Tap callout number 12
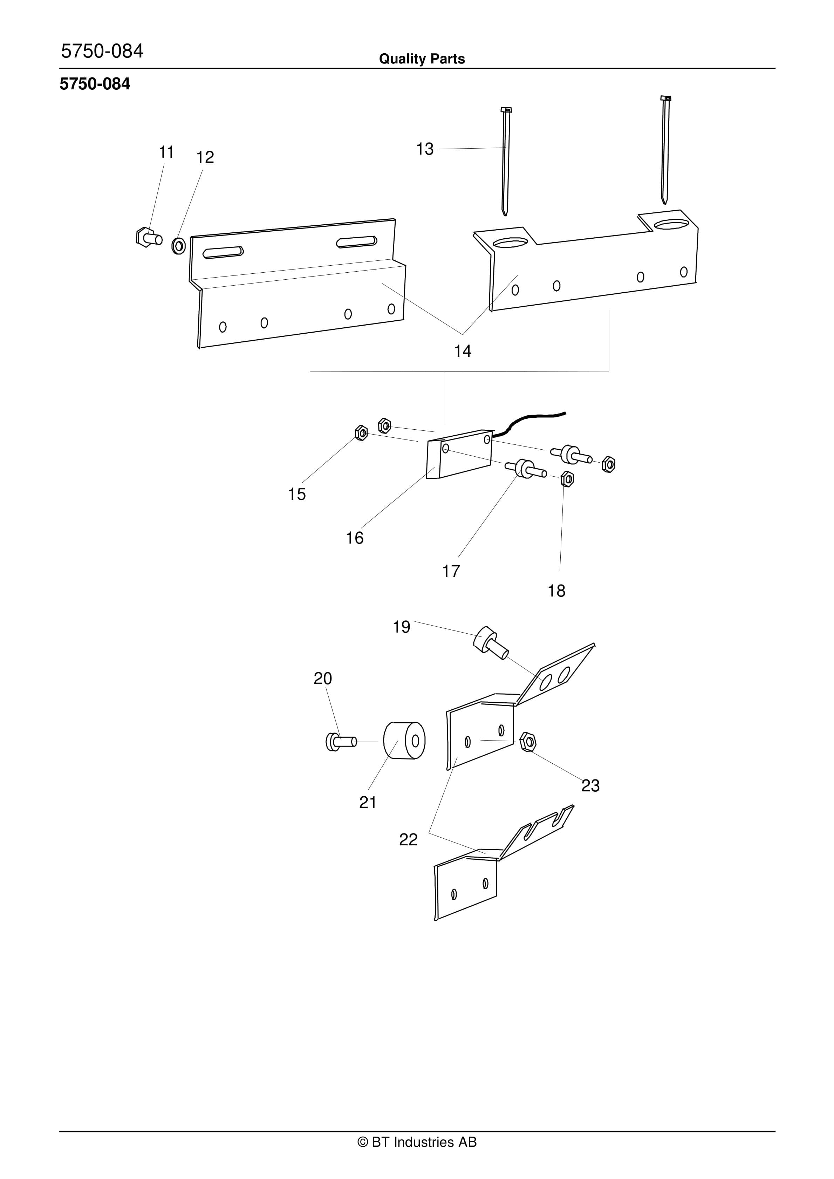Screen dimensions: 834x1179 pyautogui.click(x=205, y=157)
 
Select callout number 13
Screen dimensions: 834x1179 pyautogui.click(x=425, y=149)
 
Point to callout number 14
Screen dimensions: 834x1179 pyautogui.click(x=463, y=351)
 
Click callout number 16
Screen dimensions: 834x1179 pyautogui.click(x=354, y=538)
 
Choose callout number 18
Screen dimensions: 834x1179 pyautogui.click(x=556, y=591)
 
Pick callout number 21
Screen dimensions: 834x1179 pyautogui.click(x=368, y=802)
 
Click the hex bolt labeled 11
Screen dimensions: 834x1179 pyautogui.click(x=149, y=237)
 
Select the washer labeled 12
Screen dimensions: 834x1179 pyautogui.click(x=179, y=246)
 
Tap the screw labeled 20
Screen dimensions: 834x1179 pyautogui.click(x=341, y=742)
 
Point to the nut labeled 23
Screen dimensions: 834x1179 pyautogui.click(x=527, y=742)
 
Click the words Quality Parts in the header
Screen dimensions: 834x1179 pyautogui.click(x=422, y=59)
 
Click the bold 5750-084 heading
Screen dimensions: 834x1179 pyautogui.click(x=95, y=84)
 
